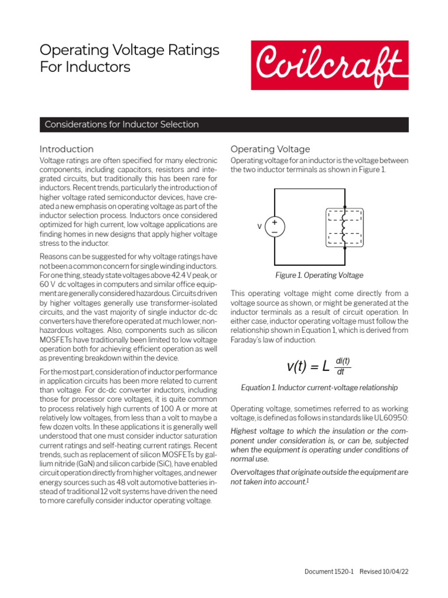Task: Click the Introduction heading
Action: click(x=66, y=149)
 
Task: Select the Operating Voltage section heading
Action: click(x=270, y=149)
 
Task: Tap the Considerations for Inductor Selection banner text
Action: click(x=122, y=124)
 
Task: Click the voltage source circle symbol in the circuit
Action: click(x=274, y=226)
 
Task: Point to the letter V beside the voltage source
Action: click(x=259, y=227)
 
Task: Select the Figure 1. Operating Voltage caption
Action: click(x=319, y=275)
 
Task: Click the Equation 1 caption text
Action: click(x=319, y=387)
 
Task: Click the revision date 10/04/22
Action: click(x=395, y=572)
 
